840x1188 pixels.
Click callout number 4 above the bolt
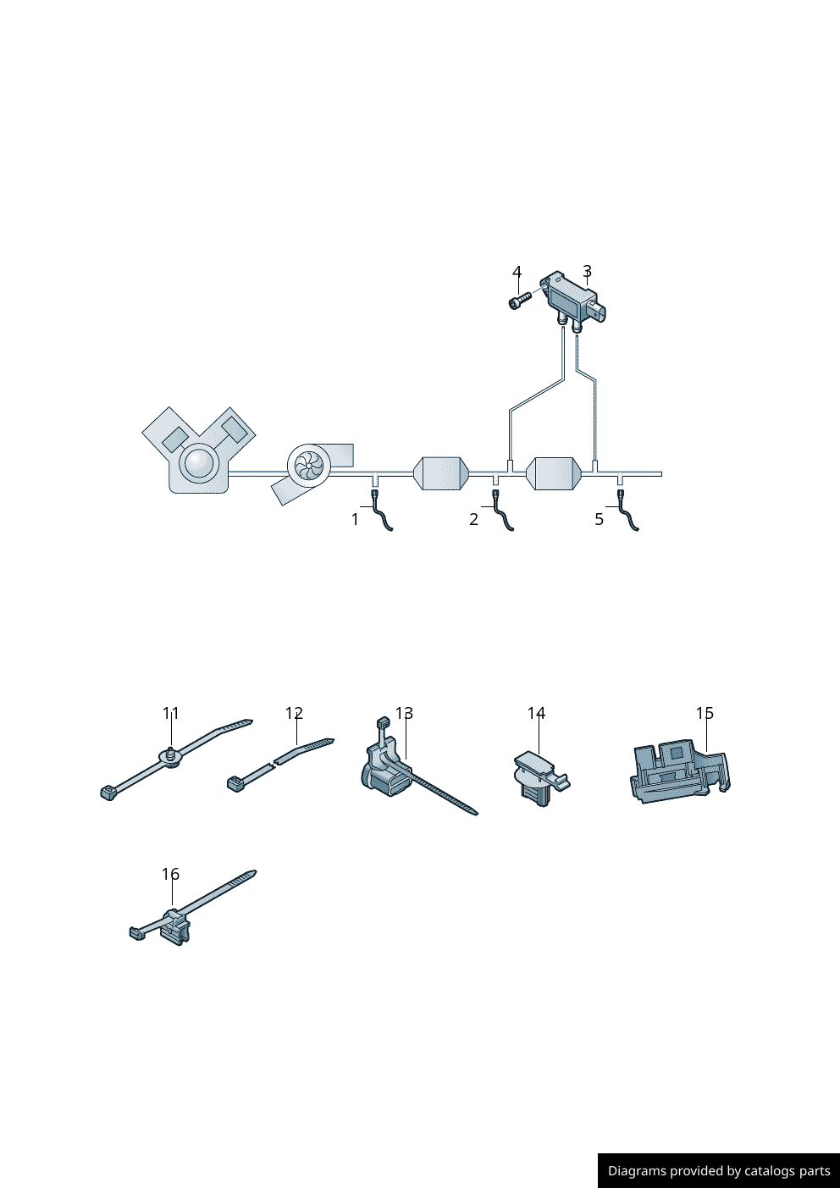click(517, 272)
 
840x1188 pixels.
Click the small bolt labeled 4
click(519, 301)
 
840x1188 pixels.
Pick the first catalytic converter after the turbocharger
click(441, 473)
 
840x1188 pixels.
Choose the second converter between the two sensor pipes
click(554, 473)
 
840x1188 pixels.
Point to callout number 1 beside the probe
click(356, 519)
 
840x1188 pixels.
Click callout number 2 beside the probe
click(473, 519)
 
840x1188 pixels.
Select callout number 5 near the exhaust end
click(599, 519)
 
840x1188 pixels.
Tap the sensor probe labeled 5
click(627, 511)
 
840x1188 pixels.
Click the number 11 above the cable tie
click(171, 713)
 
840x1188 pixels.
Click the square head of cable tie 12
click(235, 784)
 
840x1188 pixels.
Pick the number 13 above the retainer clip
click(404, 713)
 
